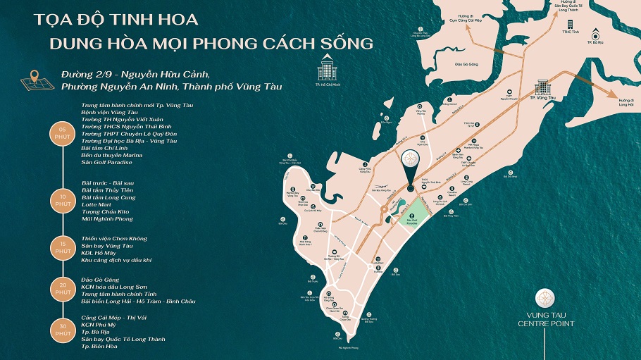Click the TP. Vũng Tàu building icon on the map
point(543,89)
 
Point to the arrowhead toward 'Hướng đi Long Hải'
point(614,97)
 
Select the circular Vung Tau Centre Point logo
point(546,297)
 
